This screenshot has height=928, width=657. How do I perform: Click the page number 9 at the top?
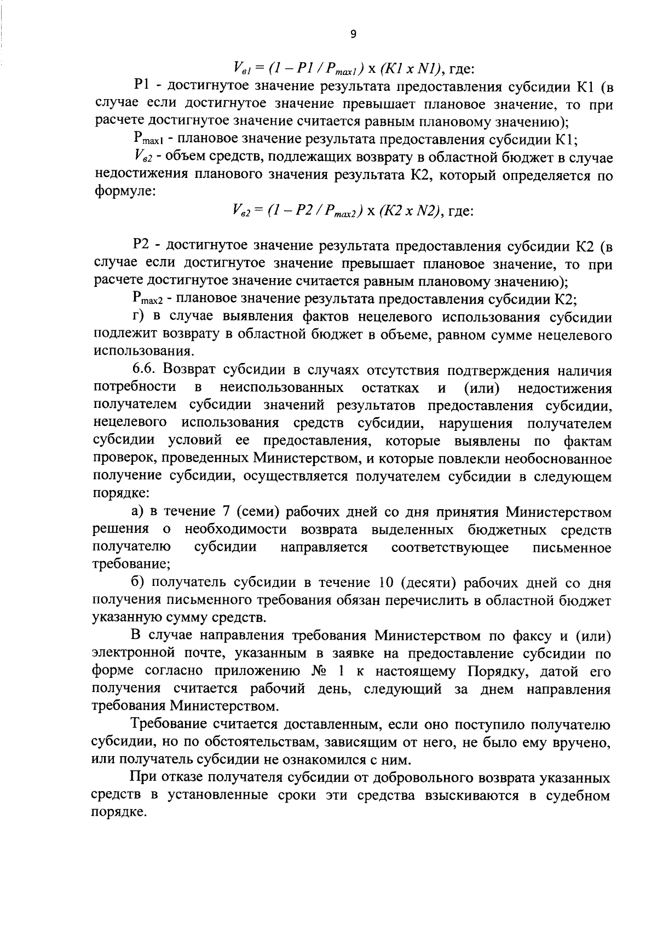353,34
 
